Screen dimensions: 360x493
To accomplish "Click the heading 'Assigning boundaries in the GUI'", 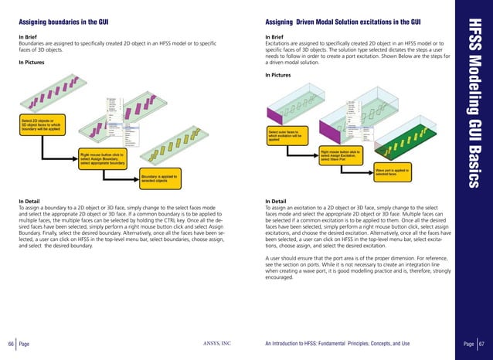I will tap(63, 22).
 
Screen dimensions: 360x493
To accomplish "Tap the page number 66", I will tap(10, 342).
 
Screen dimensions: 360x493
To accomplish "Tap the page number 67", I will tap(481, 342).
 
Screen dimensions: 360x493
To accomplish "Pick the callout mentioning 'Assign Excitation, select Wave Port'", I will tap(340, 155).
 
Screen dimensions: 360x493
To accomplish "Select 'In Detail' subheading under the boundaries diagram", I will tap(33, 201).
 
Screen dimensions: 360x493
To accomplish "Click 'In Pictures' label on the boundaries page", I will tap(36, 62).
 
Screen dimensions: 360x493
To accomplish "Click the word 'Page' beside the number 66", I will tap(25, 342).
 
